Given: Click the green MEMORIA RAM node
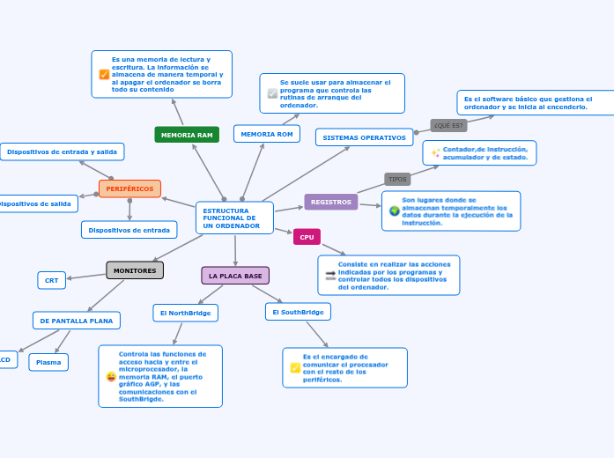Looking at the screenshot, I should (x=187, y=135).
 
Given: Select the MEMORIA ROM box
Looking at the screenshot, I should (x=266, y=134).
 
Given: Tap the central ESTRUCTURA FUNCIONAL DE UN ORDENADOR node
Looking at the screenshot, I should (x=234, y=218).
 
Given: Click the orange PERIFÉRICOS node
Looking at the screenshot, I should (x=129, y=188).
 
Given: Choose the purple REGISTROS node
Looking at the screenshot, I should (x=330, y=203).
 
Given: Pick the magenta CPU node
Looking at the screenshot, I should (x=307, y=237).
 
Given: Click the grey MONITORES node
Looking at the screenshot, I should (x=135, y=270).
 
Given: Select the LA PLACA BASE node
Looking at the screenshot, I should (x=235, y=276).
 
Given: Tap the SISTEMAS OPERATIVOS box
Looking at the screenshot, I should (x=365, y=137).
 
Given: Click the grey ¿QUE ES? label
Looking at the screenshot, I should (x=448, y=125).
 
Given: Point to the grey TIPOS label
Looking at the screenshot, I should (x=397, y=179).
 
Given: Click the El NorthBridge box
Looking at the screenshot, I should (x=185, y=313).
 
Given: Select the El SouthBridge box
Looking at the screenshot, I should (x=298, y=312).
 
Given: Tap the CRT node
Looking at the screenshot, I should (x=51, y=280).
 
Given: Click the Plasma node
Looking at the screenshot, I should (x=48, y=362).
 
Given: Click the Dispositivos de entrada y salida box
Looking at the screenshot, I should (x=62, y=151).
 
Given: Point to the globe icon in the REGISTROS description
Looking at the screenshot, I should (x=394, y=211).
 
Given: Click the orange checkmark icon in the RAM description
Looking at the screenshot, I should (x=104, y=74).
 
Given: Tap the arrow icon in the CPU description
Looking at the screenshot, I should (x=330, y=275).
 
